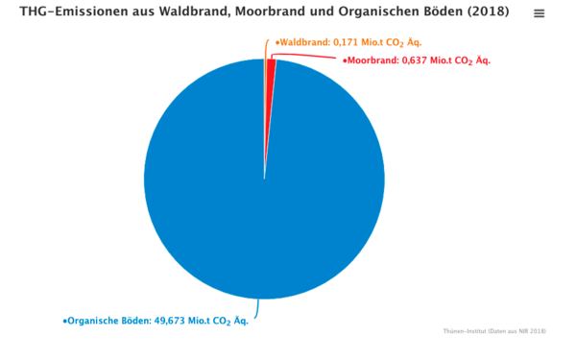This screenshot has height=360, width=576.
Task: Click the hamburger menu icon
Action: pos(539,14)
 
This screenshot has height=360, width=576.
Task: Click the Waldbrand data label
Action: pos(348,43)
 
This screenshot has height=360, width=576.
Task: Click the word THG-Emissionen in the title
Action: pos(64,13)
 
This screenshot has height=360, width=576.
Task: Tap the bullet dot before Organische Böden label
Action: pos(64,322)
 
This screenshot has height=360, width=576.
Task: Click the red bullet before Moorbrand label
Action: pos(344,61)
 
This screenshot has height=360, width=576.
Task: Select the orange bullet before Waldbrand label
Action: pos(276,44)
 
